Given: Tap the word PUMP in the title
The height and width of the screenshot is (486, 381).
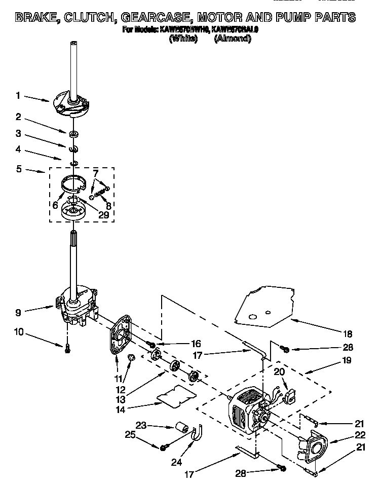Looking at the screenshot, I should tap(301, 18).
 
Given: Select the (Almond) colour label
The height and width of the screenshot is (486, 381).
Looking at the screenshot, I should tap(233, 39).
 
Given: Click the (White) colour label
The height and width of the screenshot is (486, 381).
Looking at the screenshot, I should tap(183, 39).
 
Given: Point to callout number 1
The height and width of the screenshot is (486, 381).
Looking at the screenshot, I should tap(18, 95).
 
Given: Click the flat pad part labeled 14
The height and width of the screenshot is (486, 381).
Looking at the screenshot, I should tap(175, 394).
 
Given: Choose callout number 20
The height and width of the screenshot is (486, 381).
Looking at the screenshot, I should tap(279, 371).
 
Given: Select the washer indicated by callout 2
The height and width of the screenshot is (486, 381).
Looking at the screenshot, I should tap(74, 133).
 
